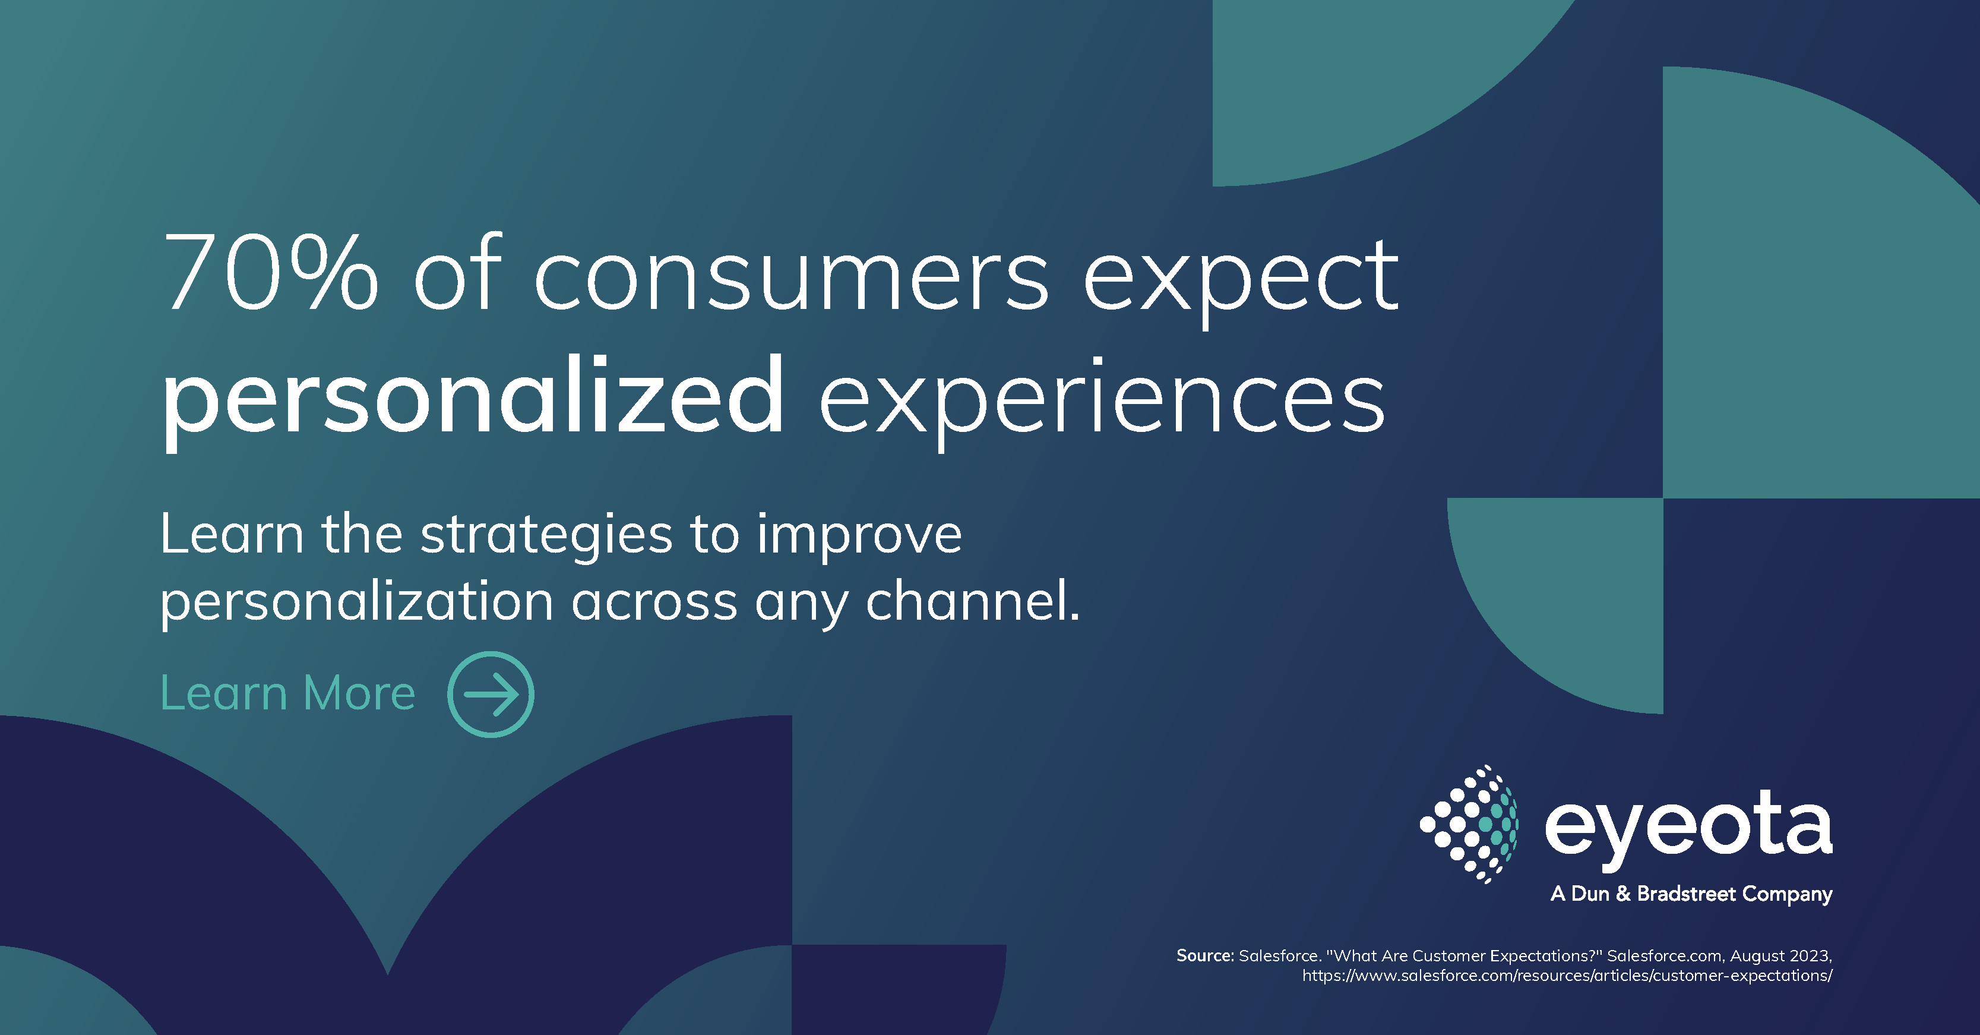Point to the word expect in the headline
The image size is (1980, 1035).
click(1241, 280)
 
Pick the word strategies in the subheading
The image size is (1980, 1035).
click(546, 537)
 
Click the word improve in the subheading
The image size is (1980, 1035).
click(859, 537)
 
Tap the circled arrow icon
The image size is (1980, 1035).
click(491, 695)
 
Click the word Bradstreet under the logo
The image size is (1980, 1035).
click(1685, 894)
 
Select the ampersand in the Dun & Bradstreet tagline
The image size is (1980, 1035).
click(1622, 894)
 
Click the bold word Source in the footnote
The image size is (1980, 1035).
click(1204, 956)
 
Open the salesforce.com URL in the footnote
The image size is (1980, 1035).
click(1567, 976)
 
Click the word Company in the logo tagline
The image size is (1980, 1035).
click(1787, 894)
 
